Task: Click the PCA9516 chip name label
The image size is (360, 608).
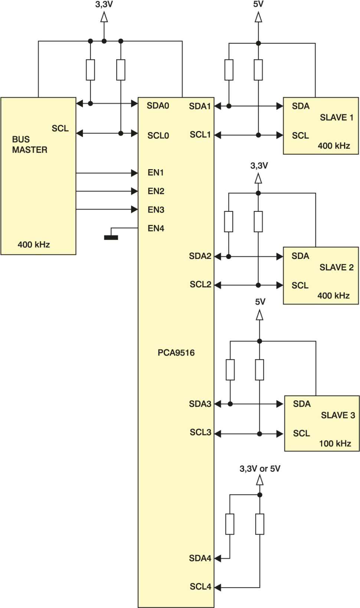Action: (176, 352)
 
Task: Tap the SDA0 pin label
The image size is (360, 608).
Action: (158, 105)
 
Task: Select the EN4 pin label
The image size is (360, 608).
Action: (156, 228)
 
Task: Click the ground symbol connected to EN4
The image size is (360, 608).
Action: (111, 237)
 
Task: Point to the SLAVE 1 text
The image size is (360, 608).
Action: (337, 117)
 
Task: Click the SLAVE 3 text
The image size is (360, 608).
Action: (338, 415)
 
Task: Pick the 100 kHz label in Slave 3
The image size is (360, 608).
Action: (335, 443)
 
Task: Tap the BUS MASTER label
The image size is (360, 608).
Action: (30, 144)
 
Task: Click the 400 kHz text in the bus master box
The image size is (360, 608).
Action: (34, 244)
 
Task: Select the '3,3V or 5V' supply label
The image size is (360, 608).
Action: (260, 469)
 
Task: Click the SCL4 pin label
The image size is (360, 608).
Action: (200, 586)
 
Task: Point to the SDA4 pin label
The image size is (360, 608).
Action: (200, 558)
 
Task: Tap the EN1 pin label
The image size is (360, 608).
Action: (156, 172)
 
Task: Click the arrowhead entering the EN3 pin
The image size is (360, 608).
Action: (134, 209)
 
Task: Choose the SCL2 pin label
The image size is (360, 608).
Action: (200, 284)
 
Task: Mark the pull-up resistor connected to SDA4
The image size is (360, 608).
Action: (230, 524)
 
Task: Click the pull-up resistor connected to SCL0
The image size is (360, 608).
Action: (121, 70)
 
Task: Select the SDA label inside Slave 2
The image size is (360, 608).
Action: (300, 256)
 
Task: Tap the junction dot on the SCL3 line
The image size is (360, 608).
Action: (259, 434)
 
